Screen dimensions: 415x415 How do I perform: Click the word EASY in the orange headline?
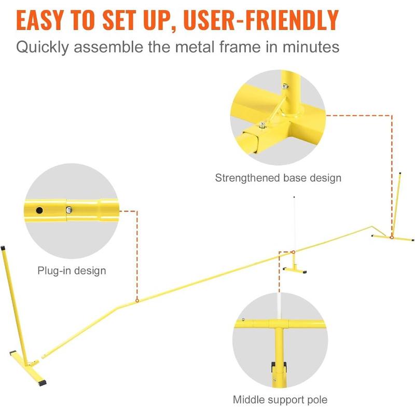tap(40, 20)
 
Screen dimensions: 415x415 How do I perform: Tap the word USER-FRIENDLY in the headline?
tap(261, 20)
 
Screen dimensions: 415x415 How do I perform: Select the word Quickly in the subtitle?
tap(43, 47)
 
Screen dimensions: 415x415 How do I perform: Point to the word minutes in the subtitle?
tap(311, 47)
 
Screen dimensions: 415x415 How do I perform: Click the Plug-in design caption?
tap(72, 271)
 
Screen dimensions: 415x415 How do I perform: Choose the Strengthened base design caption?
tap(278, 178)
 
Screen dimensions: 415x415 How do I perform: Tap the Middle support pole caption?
tap(280, 399)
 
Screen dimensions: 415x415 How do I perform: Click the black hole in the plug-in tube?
tap(39, 211)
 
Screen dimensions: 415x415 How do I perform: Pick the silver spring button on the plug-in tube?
tap(69, 210)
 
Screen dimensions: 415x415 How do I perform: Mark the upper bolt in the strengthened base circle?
tap(285, 86)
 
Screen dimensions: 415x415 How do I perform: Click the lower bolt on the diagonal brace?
tap(262, 125)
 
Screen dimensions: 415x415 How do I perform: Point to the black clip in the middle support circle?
tap(279, 368)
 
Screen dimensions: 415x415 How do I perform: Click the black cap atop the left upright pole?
tap(3, 248)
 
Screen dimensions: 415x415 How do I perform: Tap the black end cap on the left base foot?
tap(42, 383)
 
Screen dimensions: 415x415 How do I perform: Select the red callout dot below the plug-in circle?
tap(137, 301)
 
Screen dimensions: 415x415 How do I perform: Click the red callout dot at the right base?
tap(392, 238)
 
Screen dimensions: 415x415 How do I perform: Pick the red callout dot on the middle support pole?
tap(293, 252)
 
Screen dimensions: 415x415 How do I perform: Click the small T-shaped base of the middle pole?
tap(295, 269)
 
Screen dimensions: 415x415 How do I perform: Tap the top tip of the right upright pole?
tap(400, 173)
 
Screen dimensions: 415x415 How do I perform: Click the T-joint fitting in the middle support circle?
tap(279, 324)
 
